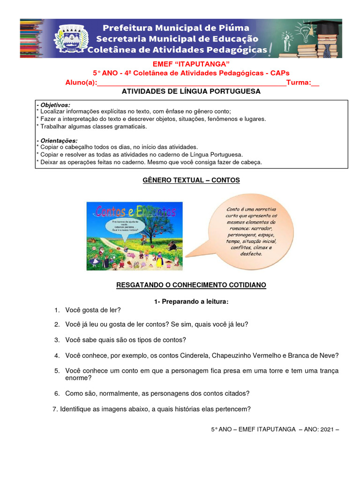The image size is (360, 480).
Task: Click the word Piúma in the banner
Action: coord(234,28)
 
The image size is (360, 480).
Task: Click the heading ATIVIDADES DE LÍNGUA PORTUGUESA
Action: coord(191,92)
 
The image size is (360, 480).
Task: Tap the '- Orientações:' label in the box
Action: coord(57,141)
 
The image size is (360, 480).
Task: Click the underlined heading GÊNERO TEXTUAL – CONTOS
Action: coord(191,180)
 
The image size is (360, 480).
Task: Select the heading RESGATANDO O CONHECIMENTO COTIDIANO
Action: coord(191,285)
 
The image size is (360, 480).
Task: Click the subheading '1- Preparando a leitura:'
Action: coord(191,301)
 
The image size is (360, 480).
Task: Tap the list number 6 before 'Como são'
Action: coord(56,393)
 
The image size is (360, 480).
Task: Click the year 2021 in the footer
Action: coord(327,429)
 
